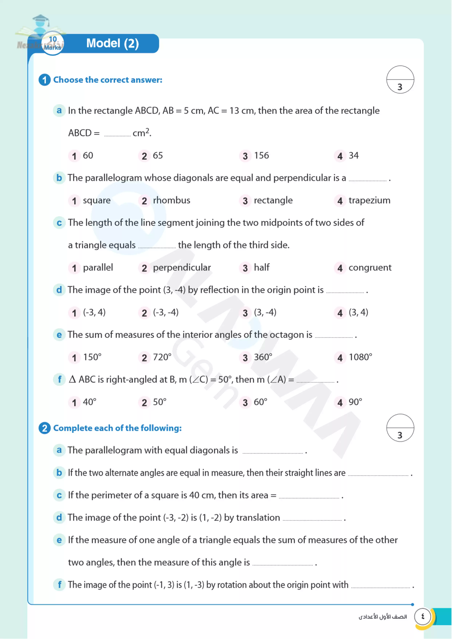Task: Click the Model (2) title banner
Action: (112, 43)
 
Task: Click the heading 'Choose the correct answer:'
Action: (107, 80)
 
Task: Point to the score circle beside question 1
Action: (400, 80)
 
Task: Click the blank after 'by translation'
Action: (312, 518)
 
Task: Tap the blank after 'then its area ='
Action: (309, 496)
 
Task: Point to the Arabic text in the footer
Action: (382, 617)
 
